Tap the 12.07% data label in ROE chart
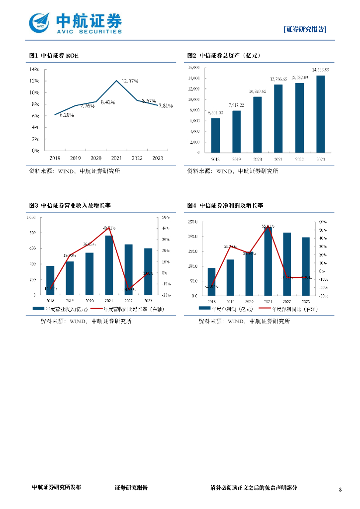[x=130, y=81]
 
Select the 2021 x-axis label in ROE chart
[x=116, y=158]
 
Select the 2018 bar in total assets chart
[x=215, y=135]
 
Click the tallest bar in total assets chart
[x=321, y=113]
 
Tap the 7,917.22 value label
[x=236, y=105]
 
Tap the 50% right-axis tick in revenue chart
[x=166, y=217]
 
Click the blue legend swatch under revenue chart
[x=38, y=309]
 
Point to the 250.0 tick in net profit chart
[x=192, y=222]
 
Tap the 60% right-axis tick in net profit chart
[x=322, y=222]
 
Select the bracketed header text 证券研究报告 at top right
[x=305, y=29]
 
